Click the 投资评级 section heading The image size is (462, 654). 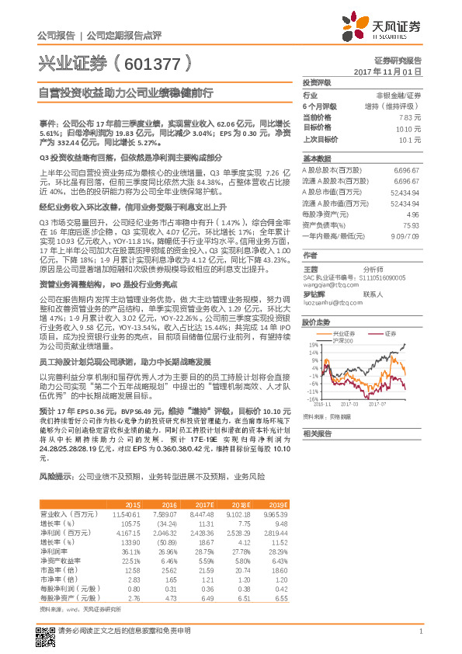(x=317, y=82)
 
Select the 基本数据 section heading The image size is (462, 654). (x=317, y=158)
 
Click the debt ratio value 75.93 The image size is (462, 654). (x=412, y=224)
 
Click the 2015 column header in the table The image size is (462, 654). (x=133, y=504)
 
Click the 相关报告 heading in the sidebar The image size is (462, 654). (x=317, y=433)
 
